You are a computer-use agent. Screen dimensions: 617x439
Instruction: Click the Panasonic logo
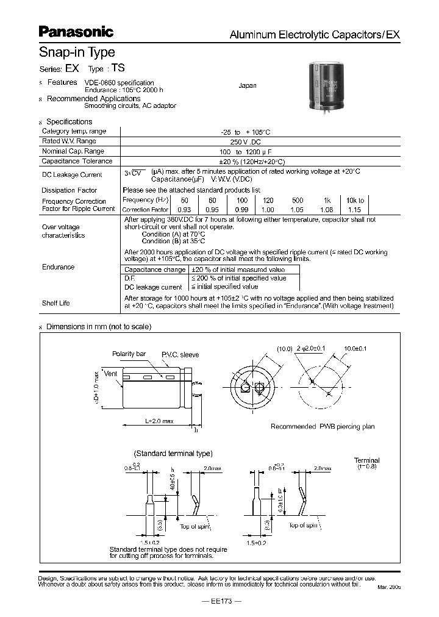pyautogui.click(x=76, y=32)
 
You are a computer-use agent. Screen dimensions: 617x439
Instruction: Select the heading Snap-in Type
pyautogui.click(x=77, y=53)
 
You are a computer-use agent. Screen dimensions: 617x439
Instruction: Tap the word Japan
pyautogui.click(x=247, y=86)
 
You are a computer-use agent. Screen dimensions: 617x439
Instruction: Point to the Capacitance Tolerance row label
pyautogui.click(x=77, y=162)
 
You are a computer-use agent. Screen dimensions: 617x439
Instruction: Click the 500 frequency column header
pyautogui.click(x=298, y=201)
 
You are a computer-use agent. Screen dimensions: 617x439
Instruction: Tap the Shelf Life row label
pyautogui.click(x=55, y=303)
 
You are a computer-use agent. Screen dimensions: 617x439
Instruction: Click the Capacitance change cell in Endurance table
pyautogui.click(x=155, y=269)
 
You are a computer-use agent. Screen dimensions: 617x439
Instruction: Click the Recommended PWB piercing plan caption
pyautogui.click(x=323, y=427)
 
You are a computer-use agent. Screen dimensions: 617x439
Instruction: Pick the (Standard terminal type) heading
pyautogui.click(x=173, y=454)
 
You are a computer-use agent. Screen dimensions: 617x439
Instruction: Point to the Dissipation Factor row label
pyautogui.click(x=70, y=191)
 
